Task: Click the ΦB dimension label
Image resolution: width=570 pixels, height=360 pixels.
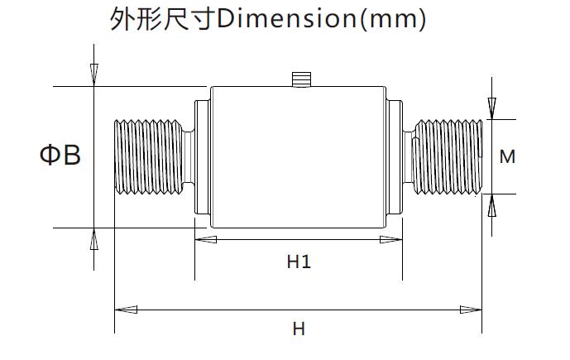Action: (x=60, y=155)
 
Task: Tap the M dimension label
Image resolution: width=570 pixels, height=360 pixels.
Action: (x=508, y=156)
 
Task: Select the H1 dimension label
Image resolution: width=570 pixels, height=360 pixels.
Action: (x=299, y=262)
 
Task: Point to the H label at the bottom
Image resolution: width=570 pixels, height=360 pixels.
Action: (x=299, y=329)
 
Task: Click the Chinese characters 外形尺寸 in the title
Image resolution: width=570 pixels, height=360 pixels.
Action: (x=162, y=18)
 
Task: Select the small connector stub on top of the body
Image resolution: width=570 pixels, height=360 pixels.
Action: (x=301, y=79)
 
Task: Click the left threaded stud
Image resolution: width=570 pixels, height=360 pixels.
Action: (x=147, y=156)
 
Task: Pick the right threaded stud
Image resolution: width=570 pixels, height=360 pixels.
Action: (x=447, y=156)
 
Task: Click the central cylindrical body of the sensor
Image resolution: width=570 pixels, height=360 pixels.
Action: (x=298, y=156)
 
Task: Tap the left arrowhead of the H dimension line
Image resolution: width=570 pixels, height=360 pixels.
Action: (x=124, y=310)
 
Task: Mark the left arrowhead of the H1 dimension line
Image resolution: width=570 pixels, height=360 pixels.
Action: (x=204, y=240)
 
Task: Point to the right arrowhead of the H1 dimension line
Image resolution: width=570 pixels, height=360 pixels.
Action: (x=392, y=240)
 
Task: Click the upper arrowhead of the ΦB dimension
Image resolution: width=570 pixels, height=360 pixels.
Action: (x=93, y=75)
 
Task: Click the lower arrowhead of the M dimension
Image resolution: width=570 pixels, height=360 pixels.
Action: (x=491, y=204)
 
